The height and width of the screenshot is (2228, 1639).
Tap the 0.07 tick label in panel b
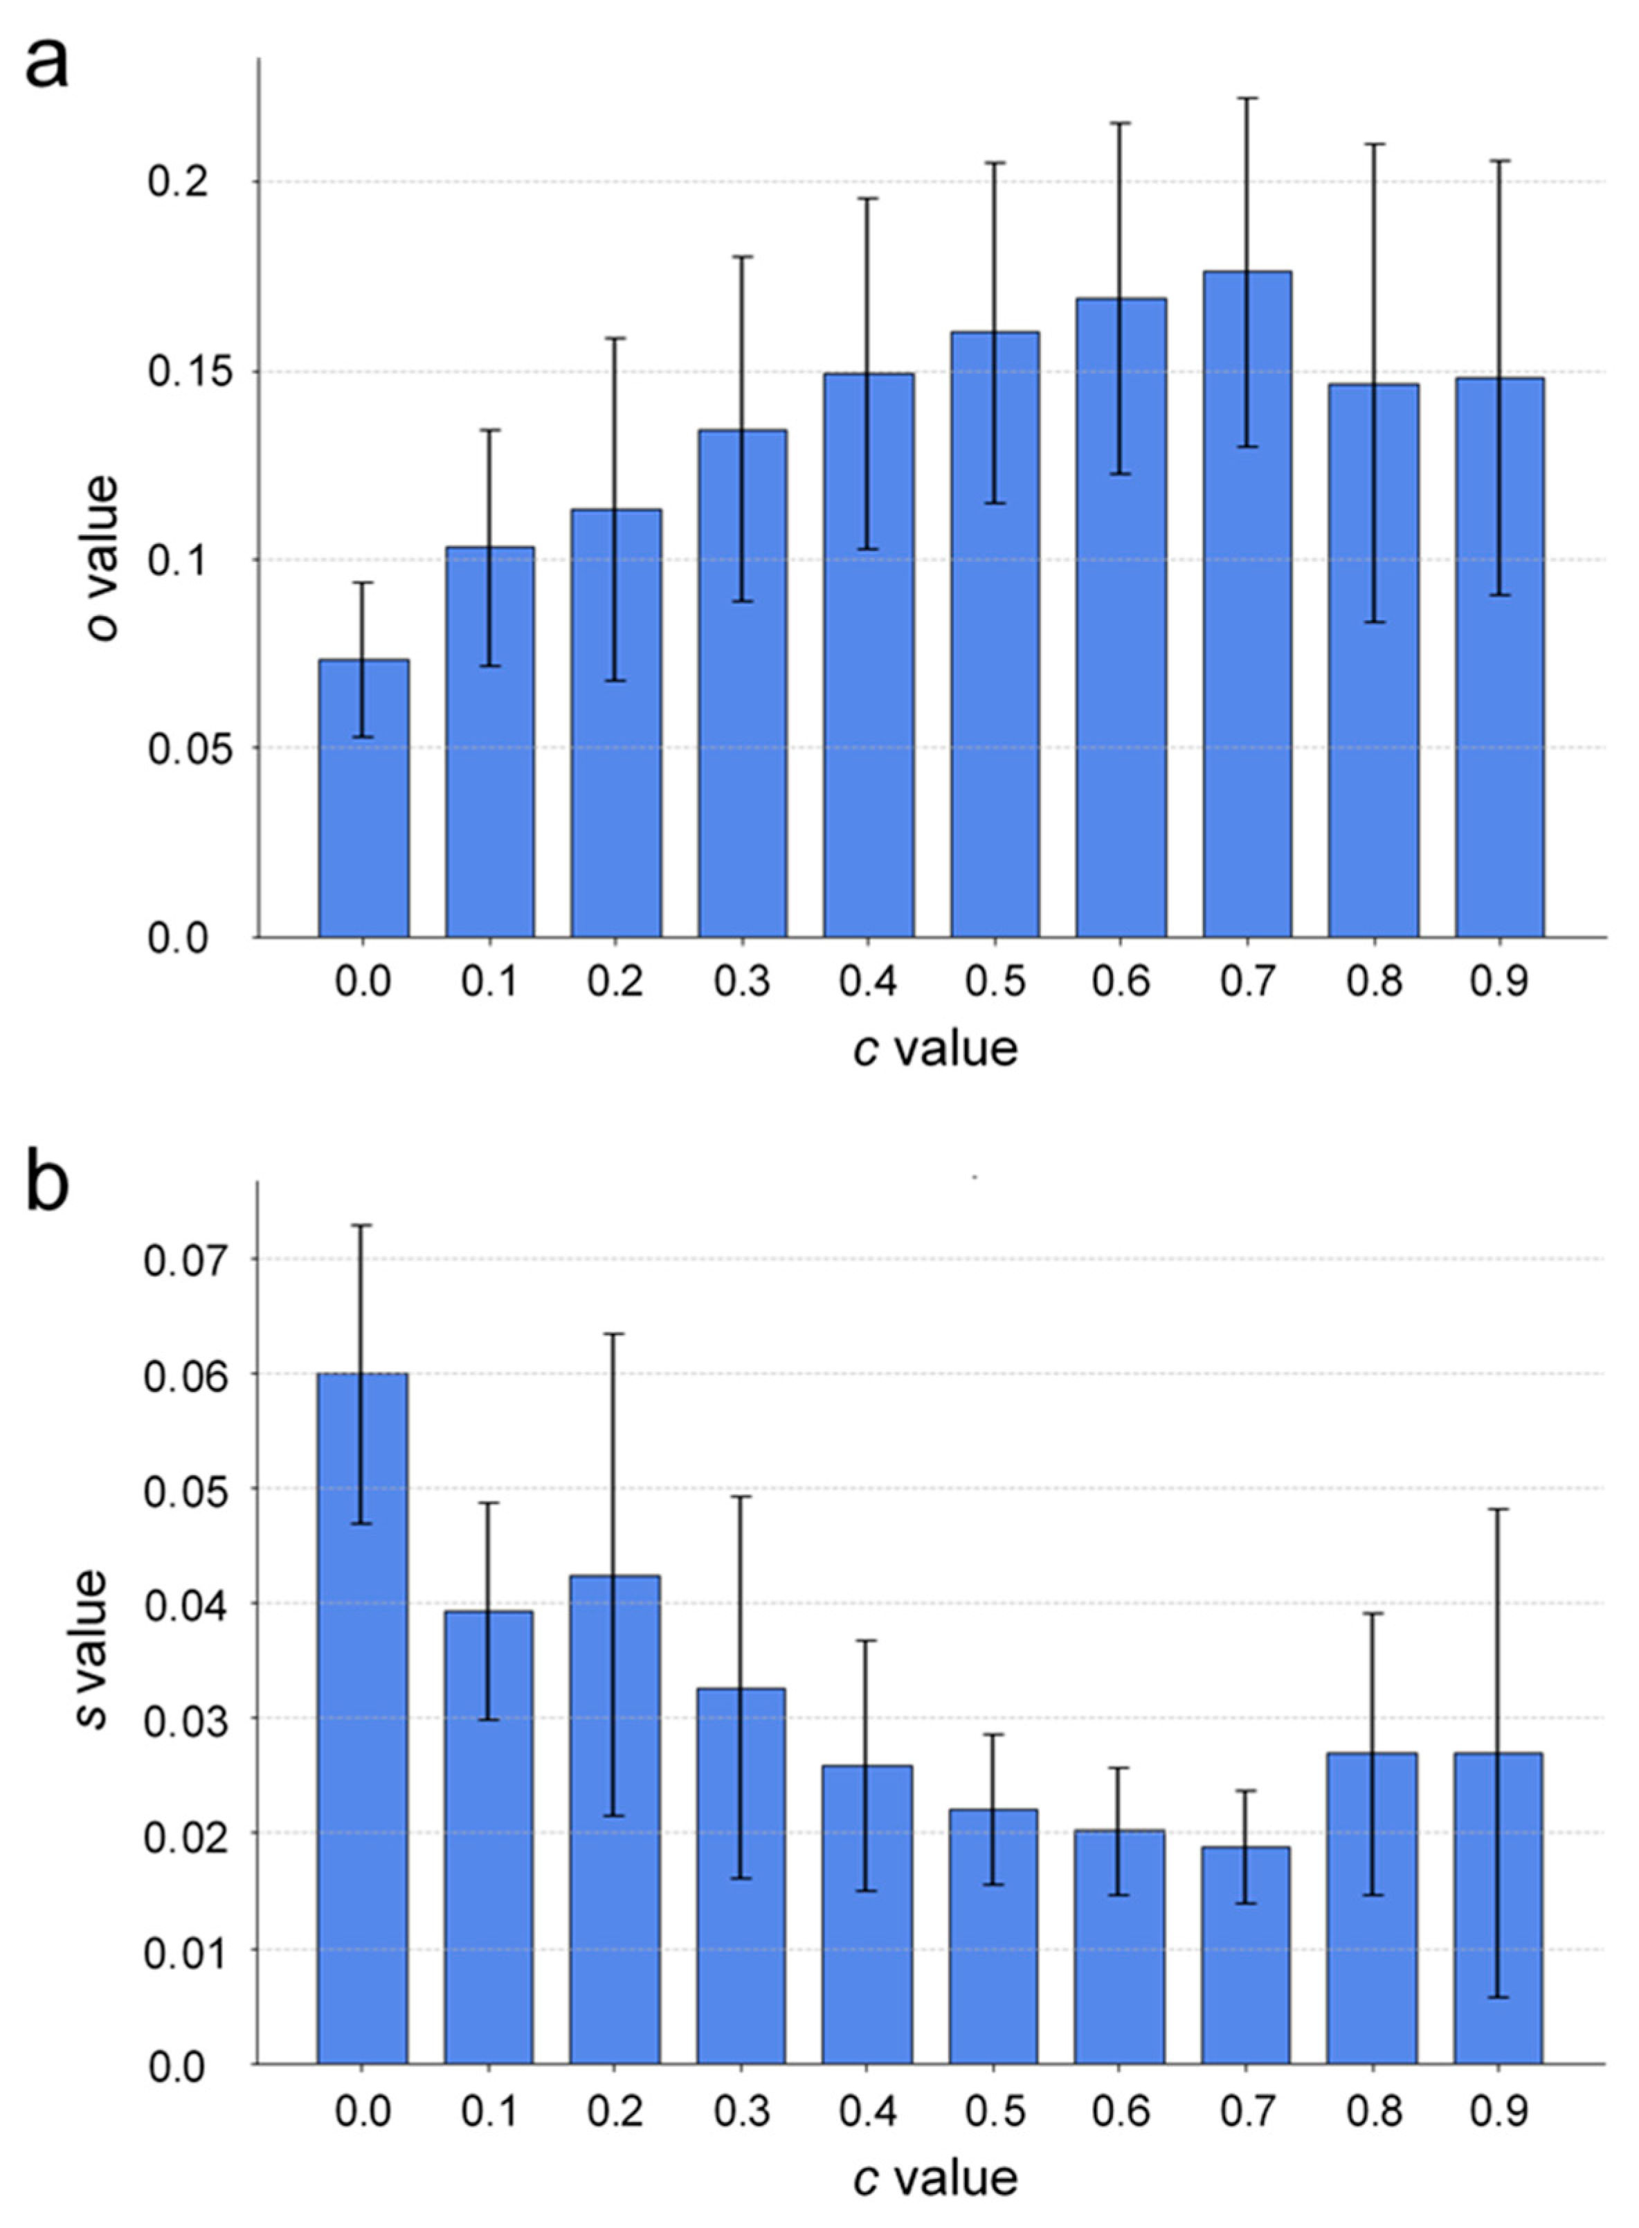(x=174, y=1259)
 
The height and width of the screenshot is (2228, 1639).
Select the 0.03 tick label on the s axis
(x=174, y=1719)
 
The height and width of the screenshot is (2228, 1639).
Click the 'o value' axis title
(x=101, y=559)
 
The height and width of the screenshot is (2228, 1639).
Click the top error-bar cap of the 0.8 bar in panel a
(x=1374, y=145)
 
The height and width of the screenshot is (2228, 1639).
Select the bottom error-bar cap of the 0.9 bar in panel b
(x=1498, y=1997)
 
